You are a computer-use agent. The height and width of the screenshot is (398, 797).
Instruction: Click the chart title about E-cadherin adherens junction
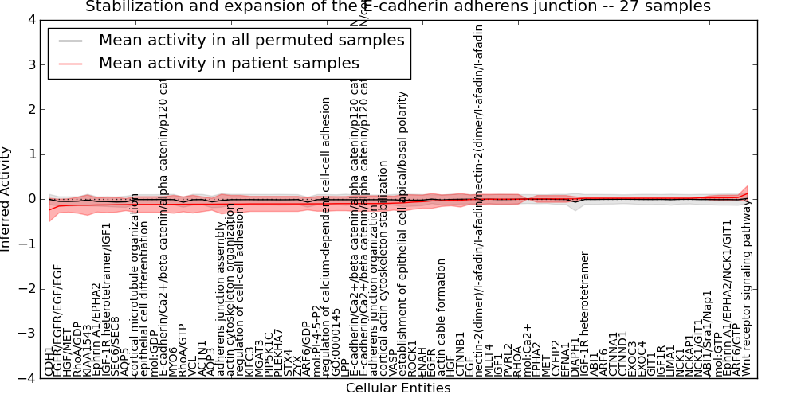click(x=398, y=7)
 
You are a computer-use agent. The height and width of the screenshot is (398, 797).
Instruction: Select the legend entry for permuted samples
click(x=251, y=40)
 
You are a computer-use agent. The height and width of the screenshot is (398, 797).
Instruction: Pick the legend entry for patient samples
click(x=229, y=63)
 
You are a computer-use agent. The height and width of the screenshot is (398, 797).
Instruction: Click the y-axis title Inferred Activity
click(x=7, y=199)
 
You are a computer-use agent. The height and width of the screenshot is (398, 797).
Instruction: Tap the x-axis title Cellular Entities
click(x=398, y=388)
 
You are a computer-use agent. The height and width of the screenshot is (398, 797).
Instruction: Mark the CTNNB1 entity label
click(x=460, y=355)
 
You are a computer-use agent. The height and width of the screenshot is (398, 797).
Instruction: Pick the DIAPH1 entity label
click(x=575, y=357)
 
